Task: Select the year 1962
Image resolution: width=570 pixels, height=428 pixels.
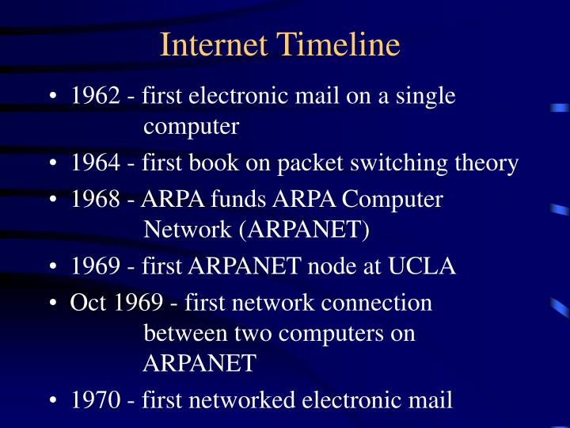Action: [x=96, y=96]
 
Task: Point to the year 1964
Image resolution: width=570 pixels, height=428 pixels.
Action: [x=96, y=163]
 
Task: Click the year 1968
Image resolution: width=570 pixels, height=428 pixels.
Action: [x=96, y=200]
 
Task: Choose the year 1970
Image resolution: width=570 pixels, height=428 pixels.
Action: [x=96, y=400]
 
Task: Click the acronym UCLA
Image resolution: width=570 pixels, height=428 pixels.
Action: [x=421, y=266]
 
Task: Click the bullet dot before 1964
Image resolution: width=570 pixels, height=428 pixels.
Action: [x=52, y=164]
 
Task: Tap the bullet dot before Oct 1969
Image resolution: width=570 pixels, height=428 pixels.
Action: [x=52, y=304]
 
